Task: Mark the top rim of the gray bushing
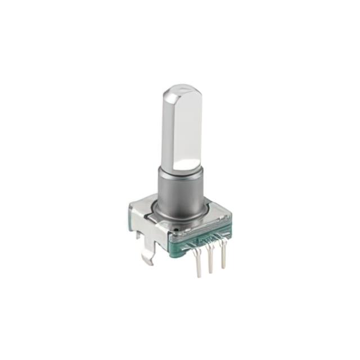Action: pos(179,171)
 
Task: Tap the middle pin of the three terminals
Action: pos(210,260)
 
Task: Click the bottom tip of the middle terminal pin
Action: pos(211,272)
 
